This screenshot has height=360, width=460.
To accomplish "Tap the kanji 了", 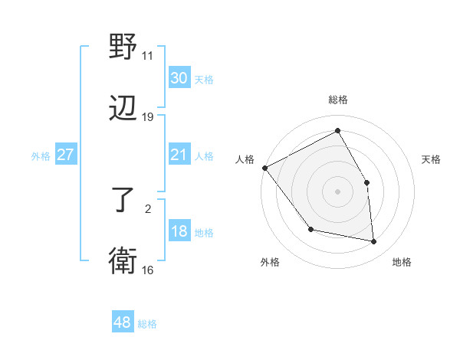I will (x=123, y=201).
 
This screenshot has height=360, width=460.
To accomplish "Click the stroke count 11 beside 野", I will (x=148, y=55).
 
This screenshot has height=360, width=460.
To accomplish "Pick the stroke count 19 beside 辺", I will (x=148, y=117).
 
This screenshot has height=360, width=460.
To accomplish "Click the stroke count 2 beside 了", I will (x=148, y=208).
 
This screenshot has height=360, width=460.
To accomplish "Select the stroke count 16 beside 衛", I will (x=148, y=270).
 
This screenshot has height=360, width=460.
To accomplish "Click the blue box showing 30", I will (x=179, y=78).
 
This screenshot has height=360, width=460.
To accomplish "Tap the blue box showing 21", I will (x=179, y=155).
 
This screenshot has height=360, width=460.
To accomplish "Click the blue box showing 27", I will (x=65, y=155).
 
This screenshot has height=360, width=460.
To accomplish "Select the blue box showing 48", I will (x=123, y=323).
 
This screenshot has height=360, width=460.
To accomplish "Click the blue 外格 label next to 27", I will (x=41, y=156).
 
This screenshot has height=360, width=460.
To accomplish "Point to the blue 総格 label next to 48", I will (x=147, y=324).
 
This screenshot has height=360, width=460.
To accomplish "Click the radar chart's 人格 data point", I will (x=264, y=168).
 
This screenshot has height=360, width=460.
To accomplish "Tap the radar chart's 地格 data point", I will (x=374, y=242).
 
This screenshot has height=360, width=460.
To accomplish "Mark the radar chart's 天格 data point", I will (x=366, y=182).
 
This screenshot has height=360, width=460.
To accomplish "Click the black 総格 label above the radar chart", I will (x=337, y=100).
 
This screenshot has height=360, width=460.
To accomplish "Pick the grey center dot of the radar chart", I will (x=337, y=191).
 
